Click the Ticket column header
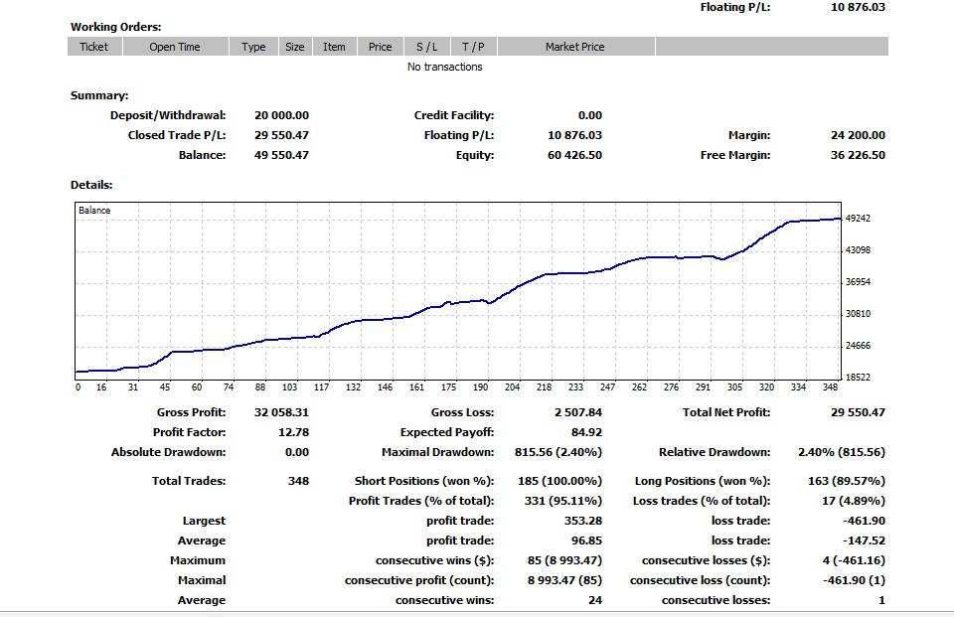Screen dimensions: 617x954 coord(93,47)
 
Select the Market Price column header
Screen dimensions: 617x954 coord(574,47)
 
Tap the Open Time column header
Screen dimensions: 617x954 coord(175,47)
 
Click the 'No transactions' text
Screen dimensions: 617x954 coord(445,67)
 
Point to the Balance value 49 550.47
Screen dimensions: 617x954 coord(281,155)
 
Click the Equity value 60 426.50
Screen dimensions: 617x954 coord(574,155)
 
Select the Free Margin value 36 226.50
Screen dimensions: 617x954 coord(857,155)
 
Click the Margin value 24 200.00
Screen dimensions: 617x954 coord(857,135)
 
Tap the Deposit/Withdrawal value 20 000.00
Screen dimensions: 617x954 coord(281,115)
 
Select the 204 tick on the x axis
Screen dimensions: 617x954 coord(513,387)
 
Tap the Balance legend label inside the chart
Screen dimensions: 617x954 coord(94,211)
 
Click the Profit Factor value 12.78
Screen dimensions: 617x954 coord(294,432)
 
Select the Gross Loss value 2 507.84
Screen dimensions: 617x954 coord(577,412)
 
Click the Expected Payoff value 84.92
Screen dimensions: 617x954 coord(586,432)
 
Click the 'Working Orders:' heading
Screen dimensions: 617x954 coord(115,27)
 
